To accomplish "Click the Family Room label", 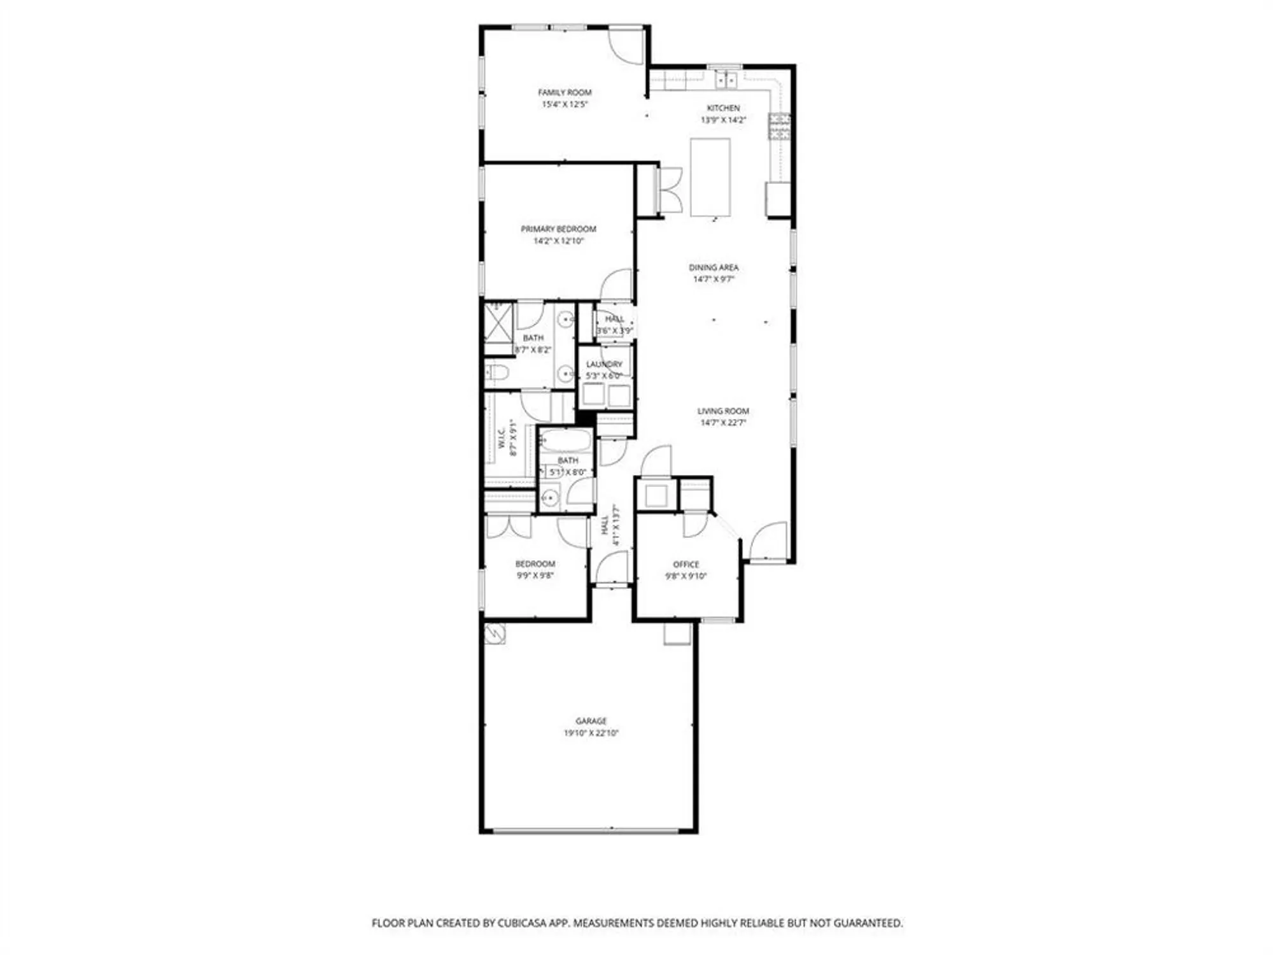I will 565,92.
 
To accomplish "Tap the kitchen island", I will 710,178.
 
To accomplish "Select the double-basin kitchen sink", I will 726,80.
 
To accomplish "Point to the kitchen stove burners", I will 779,126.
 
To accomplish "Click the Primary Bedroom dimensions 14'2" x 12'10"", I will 558,241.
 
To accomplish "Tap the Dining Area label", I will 714,267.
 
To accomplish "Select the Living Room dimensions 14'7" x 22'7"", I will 722,423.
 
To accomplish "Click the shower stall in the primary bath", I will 498,323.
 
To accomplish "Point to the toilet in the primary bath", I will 497,372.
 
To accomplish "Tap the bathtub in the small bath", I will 566,441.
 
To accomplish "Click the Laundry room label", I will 604,364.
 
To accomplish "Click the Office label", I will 686,564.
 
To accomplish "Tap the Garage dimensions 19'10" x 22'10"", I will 591,733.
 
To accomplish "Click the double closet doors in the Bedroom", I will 509,526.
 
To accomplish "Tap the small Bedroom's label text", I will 535,563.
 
